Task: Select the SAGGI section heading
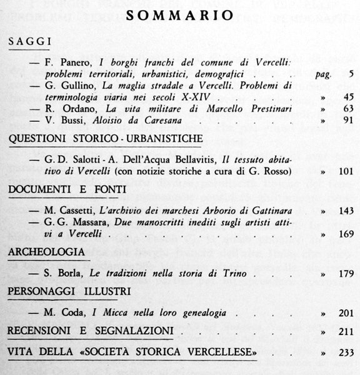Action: [x=29, y=43]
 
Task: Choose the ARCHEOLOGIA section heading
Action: [x=47, y=252]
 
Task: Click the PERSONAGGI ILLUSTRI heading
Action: [x=69, y=292]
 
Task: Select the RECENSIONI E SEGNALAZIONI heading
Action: [x=91, y=331]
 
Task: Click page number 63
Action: [x=348, y=108]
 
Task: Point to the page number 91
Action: [x=348, y=120]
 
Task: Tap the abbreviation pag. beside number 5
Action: [x=323, y=74]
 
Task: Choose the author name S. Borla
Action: [x=60, y=272]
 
